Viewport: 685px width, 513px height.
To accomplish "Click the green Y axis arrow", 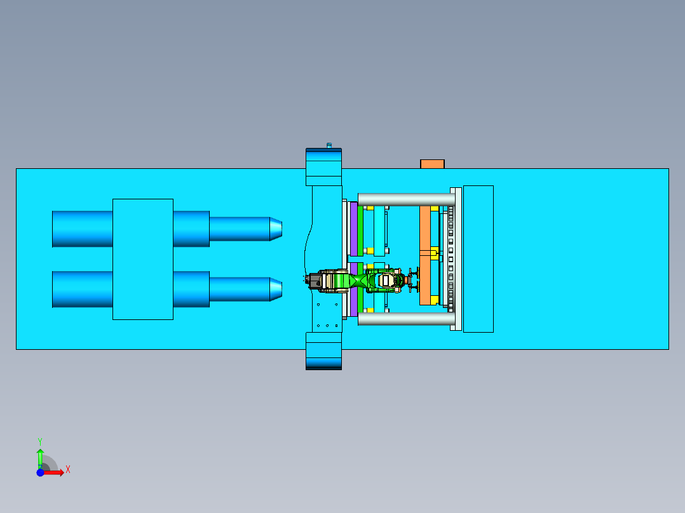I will click(x=40, y=456).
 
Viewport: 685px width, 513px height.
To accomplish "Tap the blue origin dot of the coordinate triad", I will click(x=40, y=472).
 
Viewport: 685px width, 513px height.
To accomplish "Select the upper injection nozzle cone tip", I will click(x=275, y=229).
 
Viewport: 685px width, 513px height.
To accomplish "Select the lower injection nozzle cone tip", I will click(x=275, y=289).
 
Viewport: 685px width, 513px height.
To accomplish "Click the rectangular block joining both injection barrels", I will click(x=143, y=259).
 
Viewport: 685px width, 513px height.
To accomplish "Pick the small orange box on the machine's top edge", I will click(x=432, y=164).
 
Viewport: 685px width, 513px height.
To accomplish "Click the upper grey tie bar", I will click(x=407, y=199).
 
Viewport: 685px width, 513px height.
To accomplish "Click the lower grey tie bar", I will click(x=407, y=319).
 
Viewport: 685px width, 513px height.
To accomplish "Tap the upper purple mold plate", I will click(x=353, y=229).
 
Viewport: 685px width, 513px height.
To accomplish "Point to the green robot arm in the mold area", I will click(x=356, y=280).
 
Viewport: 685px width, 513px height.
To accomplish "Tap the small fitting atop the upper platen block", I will click(x=329, y=145).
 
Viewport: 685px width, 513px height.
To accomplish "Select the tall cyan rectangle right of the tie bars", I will click(x=478, y=258).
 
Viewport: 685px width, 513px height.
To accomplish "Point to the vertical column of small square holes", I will click(x=451, y=258).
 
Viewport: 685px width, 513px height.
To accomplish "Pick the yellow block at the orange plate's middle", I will click(x=433, y=253).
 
